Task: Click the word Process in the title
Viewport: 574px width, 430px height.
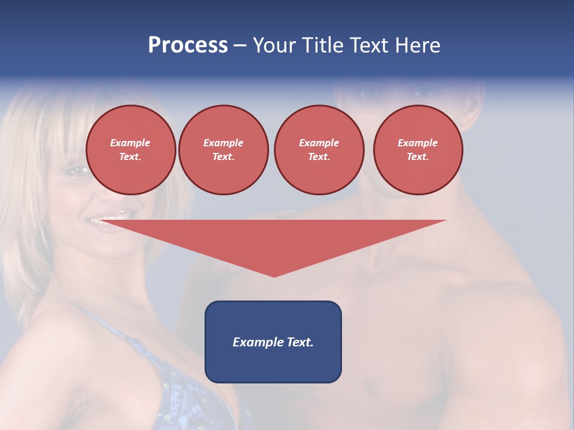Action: (x=188, y=45)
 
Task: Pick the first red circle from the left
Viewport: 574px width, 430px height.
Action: (x=131, y=150)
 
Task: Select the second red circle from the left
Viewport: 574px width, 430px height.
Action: (x=224, y=150)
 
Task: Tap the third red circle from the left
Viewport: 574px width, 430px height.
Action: (x=319, y=150)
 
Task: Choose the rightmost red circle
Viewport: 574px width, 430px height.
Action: (x=418, y=150)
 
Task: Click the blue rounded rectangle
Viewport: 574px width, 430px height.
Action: (x=273, y=342)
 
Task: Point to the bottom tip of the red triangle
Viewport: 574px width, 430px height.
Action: (x=274, y=275)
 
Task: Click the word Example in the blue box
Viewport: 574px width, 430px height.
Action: (x=255, y=342)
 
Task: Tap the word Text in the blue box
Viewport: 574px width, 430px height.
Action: (x=299, y=342)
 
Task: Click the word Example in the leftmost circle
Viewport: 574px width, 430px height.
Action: (x=130, y=143)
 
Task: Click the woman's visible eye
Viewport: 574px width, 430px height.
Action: (x=78, y=171)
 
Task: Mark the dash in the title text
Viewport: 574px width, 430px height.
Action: (x=240, y=45)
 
